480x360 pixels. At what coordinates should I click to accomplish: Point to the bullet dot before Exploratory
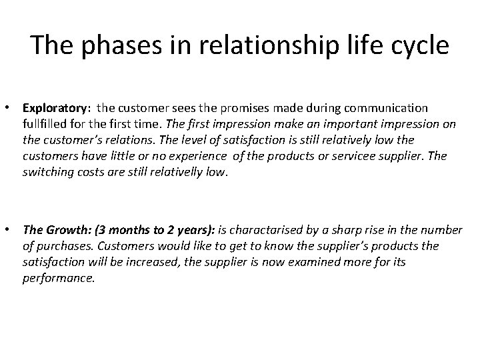point(11,107)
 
